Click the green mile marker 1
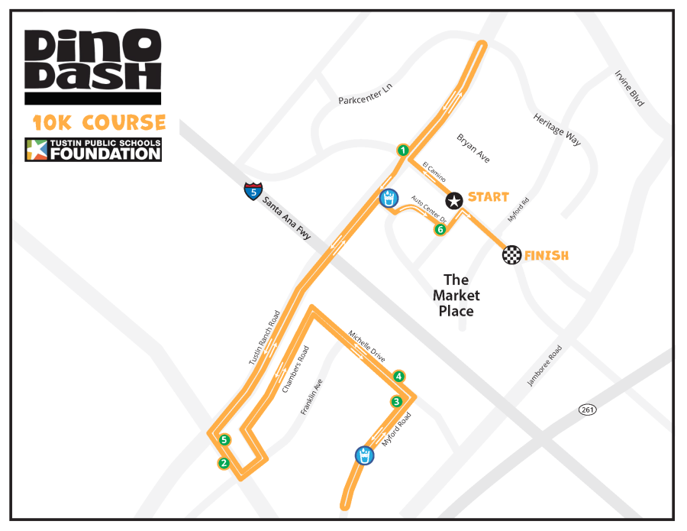click(x=402, y=150)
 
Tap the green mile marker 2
click(x=224, y=462)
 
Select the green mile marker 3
click(x=396, y=402)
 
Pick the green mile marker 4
click(x=398, y=376)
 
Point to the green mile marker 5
click(x=224, y=439)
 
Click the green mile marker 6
click(x=440, y=229)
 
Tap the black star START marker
click(x=454, y=200)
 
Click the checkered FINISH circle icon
click(x=511, y=255)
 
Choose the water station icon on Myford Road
click(x=364, y=455)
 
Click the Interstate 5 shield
click(x=253, y=191)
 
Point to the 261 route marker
click(x=587, y=410)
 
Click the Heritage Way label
click(x=557, y=130)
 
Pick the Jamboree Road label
click(x=544, y=366)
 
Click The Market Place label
click(x=456, y=296)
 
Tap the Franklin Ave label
click(x=311, y=397)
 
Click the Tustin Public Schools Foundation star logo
click(x=36, y=150)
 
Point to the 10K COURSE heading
click(x=99, y=122)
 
